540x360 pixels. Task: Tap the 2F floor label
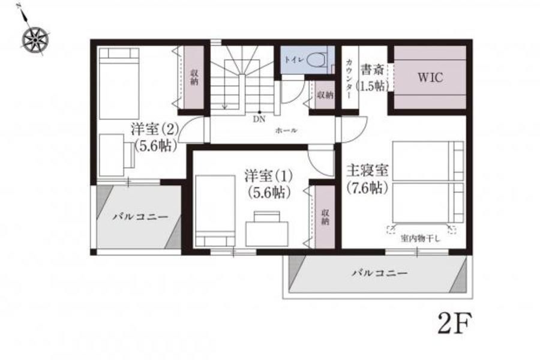click(x=454, y=323)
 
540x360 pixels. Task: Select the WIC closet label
click(x=430, y=77)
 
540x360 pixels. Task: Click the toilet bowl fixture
click(x=316, y=59)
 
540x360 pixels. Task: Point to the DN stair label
click(x=259, y=119)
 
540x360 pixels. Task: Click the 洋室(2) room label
click(x=154, y=130)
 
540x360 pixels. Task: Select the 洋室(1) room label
click(x=268, y=176)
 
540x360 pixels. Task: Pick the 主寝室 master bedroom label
click(x=367, y=170)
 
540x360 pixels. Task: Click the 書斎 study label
click(x=372, y=70)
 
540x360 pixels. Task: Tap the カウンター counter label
click(x=349, y=80)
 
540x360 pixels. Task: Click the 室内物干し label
click(x=420, y=238)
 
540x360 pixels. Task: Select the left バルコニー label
click(x=141, y=217)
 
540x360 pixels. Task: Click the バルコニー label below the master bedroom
click(x=380, y=274)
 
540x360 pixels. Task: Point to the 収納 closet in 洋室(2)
click(x=194, y=77)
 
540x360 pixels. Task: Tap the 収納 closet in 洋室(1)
click(x=325, y=217)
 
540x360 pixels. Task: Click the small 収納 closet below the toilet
click(x=325, y=95)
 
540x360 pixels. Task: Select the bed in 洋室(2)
click(x=119, y=84)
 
